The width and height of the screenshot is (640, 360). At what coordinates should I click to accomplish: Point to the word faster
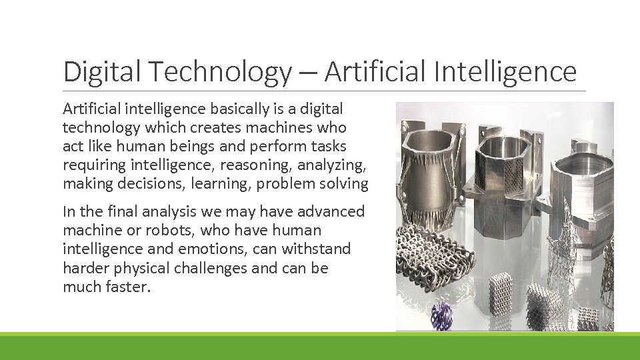pos(125,287)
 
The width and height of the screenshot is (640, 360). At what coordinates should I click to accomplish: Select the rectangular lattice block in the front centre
pos(499,293)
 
